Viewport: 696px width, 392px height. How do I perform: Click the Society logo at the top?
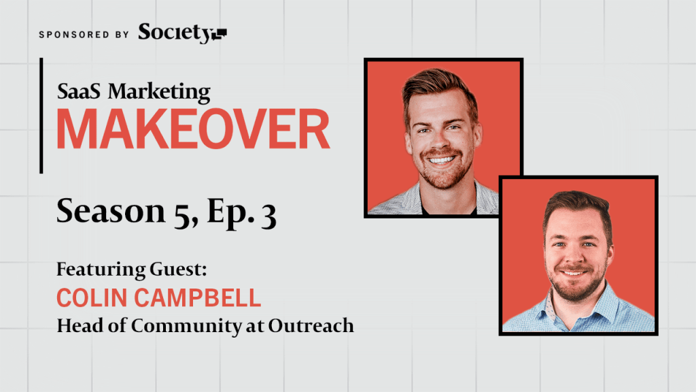[182, 33]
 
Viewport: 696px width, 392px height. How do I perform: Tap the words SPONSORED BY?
[84, 35]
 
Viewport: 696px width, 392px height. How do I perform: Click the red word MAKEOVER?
[193, 129]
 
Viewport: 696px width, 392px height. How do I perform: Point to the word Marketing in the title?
[159, 93]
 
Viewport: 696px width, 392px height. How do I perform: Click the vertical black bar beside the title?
[41, 116]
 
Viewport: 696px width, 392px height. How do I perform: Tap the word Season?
[111, 211]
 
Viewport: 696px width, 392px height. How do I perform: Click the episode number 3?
[268, 216]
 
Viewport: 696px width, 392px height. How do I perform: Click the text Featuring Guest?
[132, 269]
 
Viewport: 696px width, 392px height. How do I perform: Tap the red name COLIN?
[92, 298]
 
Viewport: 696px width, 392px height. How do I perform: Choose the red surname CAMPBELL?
[198, 298]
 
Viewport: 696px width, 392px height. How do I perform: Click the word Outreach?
[311, 326]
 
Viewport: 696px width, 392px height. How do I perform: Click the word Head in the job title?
[80, 326]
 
